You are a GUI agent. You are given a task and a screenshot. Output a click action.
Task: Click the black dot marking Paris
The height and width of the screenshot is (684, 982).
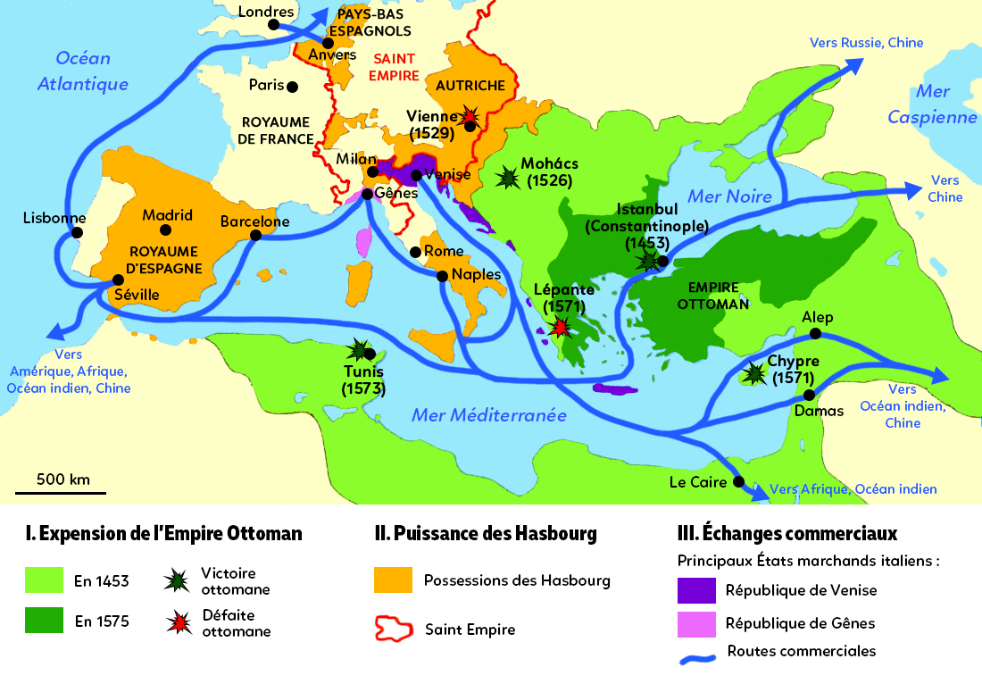292,87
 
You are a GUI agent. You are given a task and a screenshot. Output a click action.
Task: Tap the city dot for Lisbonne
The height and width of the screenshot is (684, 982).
77,232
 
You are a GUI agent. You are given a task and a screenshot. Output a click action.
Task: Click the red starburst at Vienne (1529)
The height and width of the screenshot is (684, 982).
470,118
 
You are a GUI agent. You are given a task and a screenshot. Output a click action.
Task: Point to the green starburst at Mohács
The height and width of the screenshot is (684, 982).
509,178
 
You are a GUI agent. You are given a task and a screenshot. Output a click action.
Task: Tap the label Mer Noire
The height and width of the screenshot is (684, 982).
729,196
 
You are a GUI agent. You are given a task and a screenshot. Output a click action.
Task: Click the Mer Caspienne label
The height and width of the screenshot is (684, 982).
932,104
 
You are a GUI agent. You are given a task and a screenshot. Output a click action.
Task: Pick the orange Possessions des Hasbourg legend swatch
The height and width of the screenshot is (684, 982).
393,580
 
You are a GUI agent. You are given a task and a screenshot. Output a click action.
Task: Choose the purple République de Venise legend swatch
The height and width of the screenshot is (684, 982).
696,590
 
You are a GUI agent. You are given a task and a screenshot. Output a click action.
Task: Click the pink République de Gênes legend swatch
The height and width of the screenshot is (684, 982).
696,623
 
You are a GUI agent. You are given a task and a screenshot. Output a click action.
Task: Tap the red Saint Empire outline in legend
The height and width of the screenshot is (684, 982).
393,628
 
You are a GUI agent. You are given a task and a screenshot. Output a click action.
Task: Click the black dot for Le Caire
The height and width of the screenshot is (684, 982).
737,482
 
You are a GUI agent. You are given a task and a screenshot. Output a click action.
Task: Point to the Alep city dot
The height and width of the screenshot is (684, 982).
814,333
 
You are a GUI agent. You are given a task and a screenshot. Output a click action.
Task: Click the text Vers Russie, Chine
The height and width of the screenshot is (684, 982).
866,43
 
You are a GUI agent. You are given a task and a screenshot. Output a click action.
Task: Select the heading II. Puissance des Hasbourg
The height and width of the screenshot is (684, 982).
486,534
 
